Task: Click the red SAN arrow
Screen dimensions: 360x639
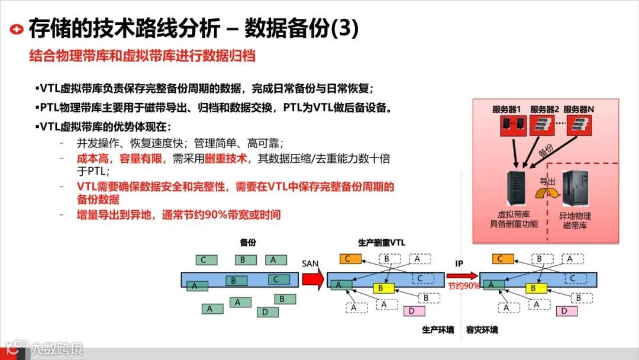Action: pyautogui.click(x=312, y=279)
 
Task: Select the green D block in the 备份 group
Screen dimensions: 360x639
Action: pyautogui.click(x=266, y=312)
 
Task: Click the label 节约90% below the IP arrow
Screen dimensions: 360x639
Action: pyautogui.click(x=463, y=285)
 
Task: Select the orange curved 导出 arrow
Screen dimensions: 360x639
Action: pyautogui.click(x=547, y=193)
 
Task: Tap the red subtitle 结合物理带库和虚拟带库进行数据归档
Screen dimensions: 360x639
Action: pyautogui.click(x=142, y=57)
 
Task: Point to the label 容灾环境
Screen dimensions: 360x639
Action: pyautogui.click(x=482, y=330)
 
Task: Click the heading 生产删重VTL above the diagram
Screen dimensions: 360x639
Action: pyautogui.click(x=382, y=243)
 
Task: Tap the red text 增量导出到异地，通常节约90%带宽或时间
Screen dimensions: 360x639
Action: pyautogui.click(x=179, y=215)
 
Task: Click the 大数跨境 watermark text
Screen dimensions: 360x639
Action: pyautogui.click(x=57, y=348)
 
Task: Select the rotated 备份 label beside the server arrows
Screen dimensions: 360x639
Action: pyautogui.click(x=546, y=150)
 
